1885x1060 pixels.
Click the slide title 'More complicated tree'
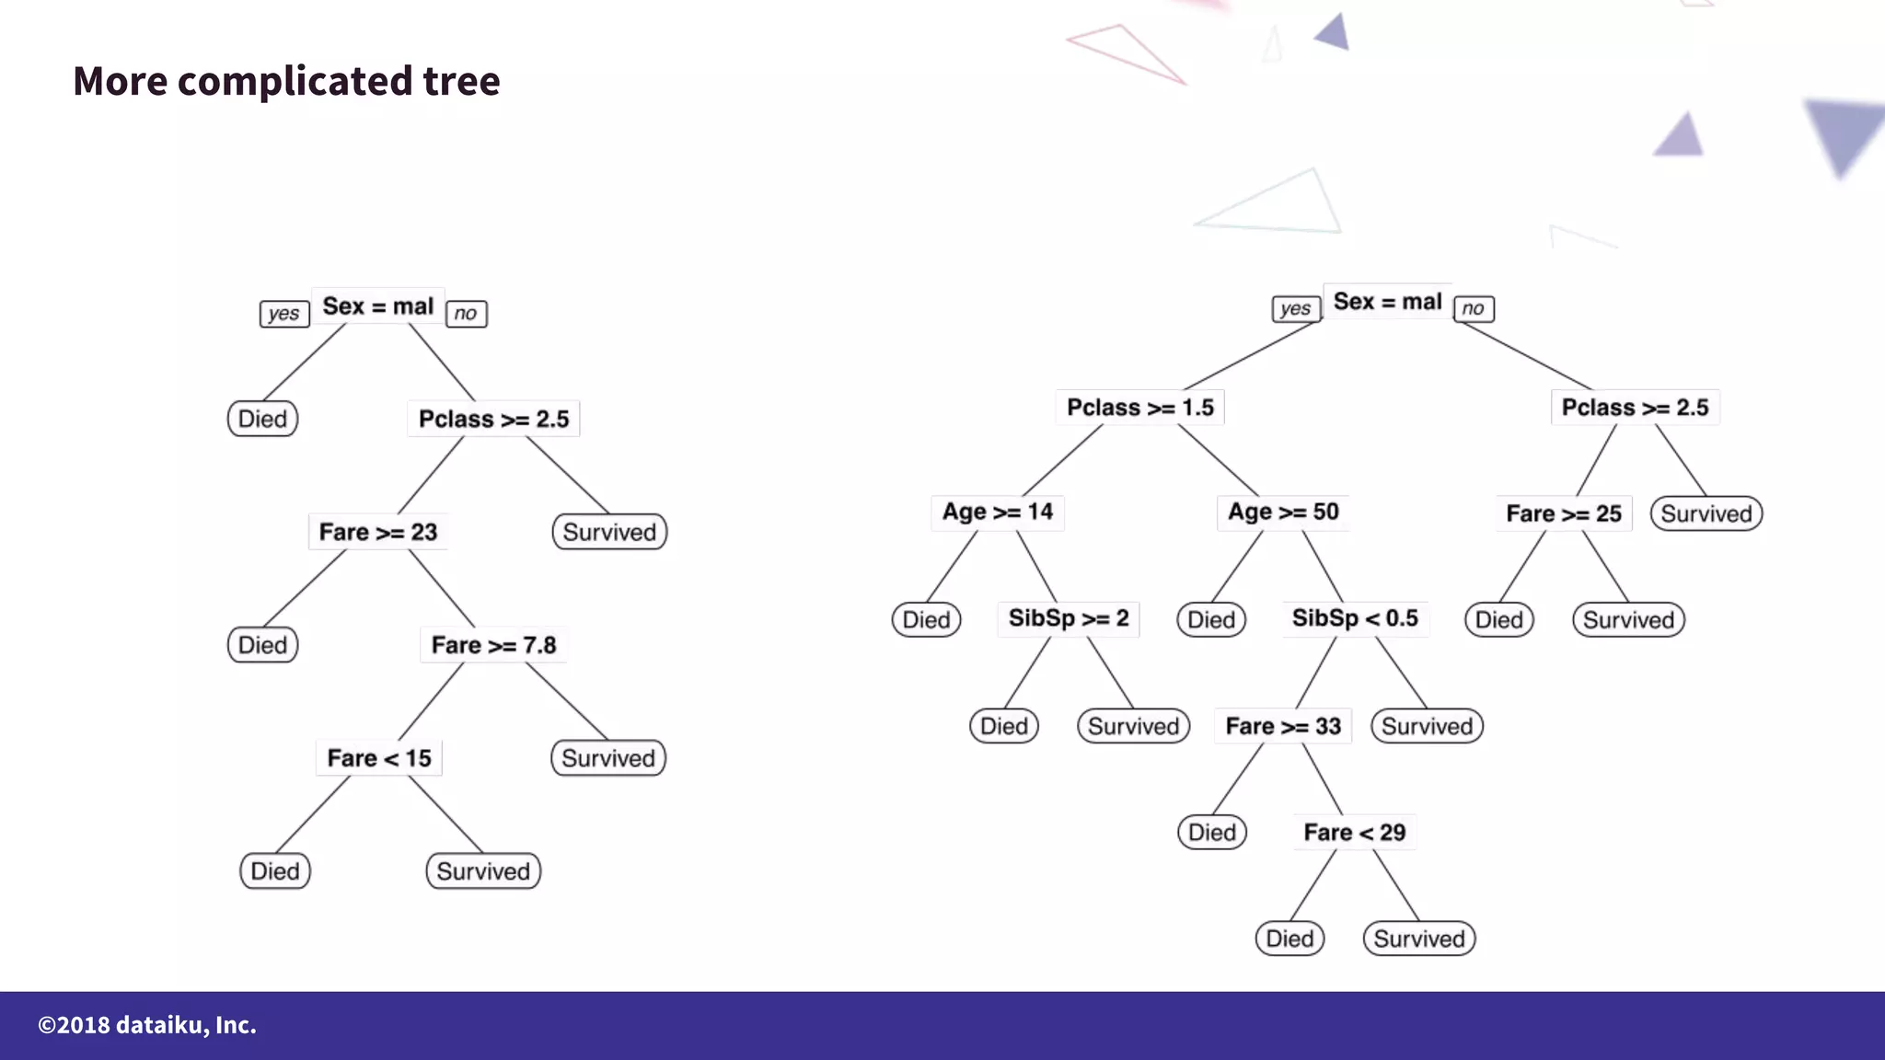[286, 81]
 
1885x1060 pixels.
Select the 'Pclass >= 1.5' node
[1139, 408]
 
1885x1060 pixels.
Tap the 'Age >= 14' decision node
[997, 513]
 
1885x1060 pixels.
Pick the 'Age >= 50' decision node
[1283, 513]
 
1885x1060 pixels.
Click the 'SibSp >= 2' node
[1068, 618]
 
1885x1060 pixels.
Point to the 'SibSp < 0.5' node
[1355, 618]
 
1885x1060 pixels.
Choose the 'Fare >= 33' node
[1283, 726]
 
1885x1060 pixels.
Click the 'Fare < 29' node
[1354, 833]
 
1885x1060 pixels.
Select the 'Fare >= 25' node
[1564, 513]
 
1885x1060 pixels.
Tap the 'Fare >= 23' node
[377, 532]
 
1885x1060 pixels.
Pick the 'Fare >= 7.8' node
[493, 645]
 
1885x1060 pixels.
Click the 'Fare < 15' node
[378, 758]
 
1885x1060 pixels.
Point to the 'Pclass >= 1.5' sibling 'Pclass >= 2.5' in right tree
[1635, 408]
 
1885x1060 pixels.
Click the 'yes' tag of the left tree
[283, 314]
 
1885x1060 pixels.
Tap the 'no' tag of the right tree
[1473, 309]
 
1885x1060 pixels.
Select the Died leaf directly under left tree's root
[262, 419]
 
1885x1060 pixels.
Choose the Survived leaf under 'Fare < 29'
[1418, 939]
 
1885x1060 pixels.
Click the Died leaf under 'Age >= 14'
[926, 619]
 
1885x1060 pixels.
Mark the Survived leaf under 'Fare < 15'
[483, 871]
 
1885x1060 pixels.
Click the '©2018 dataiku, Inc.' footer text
[147, 1025]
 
